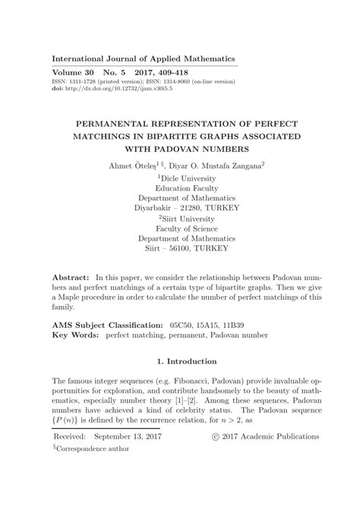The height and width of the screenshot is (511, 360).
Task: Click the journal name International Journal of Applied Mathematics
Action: click(x=143, y=58)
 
